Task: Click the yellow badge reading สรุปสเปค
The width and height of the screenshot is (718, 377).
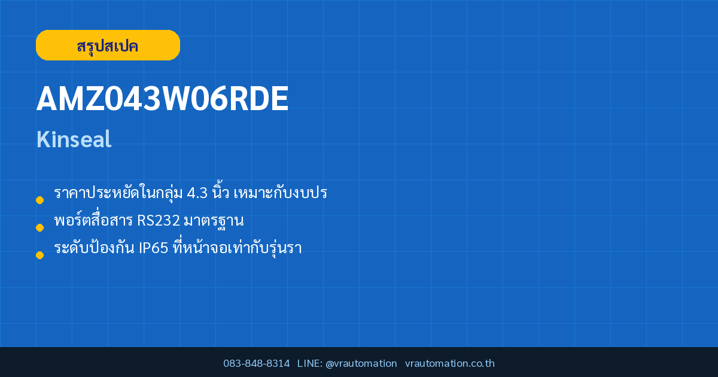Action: (x=108, y=45)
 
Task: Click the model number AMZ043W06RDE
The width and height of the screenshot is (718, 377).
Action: (x=163, y=98)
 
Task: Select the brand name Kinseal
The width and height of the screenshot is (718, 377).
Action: (x=74, y=139)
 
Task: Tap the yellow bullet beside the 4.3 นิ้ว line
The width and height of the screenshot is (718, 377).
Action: (x=39, y=200)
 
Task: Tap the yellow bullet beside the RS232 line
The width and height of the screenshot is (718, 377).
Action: (x=39, y=227)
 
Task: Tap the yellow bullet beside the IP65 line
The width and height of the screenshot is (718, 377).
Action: (x=39, y=255)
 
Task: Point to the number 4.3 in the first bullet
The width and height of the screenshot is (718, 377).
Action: (x=197, y=193)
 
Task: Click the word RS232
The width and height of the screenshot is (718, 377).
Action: (x=159, y=221)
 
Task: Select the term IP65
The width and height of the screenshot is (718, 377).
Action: (x=153, y=248)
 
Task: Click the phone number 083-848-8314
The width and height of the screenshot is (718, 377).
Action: (x=257, y=363)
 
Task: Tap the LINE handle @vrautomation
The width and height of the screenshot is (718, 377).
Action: (x=361, y=363)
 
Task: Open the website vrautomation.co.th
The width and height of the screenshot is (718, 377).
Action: (x=450, y=363)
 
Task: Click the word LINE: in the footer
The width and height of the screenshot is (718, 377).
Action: (x=310, y=363)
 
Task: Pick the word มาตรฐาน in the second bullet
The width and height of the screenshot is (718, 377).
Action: (x=214, y=221)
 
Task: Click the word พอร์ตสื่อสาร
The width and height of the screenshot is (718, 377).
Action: (x=93, y=220)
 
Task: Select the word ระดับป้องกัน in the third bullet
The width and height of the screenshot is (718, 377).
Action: (x=94, y=247)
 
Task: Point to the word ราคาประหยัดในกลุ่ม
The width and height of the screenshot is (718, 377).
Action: (x=118, y=193)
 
